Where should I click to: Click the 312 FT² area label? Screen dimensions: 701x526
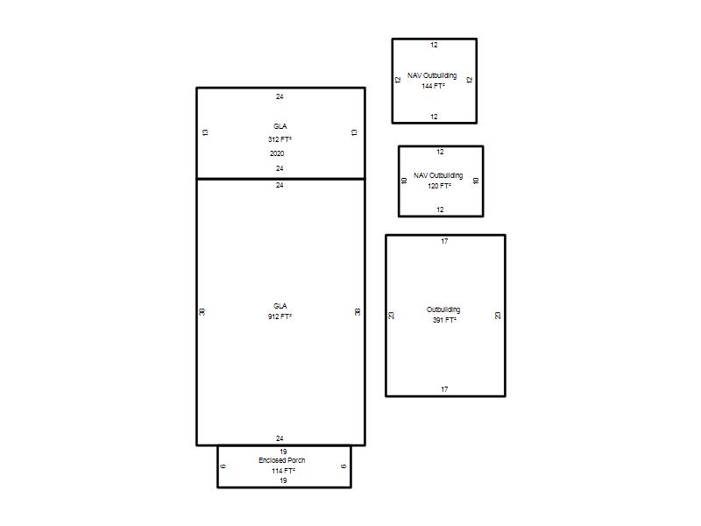(280, 139)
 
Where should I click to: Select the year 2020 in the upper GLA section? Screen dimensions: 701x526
(277, 153)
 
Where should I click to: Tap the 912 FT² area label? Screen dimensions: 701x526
(280, 316)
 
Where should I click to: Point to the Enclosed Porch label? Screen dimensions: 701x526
(282, 460)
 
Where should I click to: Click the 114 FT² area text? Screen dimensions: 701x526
(283, 471)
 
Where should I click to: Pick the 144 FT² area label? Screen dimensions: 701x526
(433, 86)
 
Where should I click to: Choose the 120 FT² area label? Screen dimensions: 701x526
(440, 186)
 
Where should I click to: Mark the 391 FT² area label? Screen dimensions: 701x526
(444, 320)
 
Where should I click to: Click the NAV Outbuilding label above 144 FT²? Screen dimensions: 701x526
(432, 75)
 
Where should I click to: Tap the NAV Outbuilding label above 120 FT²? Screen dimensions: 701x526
(439, 176)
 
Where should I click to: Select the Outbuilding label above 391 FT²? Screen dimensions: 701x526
(443, 309)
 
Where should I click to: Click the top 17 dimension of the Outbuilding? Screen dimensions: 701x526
(444, 242)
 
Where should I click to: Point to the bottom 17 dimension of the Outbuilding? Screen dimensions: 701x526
(444, 389)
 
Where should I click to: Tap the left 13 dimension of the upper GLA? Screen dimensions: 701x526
(205, 132)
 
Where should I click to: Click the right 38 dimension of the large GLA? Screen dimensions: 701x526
(358, 312)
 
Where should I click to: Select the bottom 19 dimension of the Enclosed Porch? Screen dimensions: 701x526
(283, 480)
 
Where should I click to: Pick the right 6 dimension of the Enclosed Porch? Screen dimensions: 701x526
(343, 466)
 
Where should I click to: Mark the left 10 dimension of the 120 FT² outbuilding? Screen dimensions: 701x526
(404, 181)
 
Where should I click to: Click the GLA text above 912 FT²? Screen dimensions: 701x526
(280, 306)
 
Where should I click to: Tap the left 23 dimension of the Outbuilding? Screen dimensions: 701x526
(391, 316)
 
